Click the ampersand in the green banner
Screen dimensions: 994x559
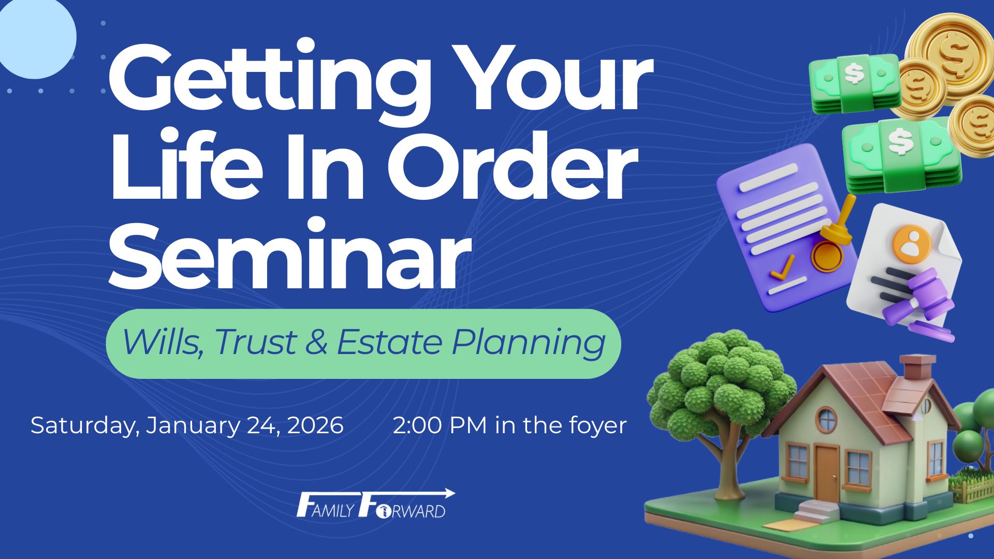[317, 342]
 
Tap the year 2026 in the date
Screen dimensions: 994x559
[315, 425]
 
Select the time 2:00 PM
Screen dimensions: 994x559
[440, 425]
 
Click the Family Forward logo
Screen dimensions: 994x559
[376, 504]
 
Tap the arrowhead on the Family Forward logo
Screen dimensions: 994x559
[449, 493]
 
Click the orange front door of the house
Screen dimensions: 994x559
[827, 473]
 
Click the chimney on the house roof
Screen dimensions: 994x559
[918, 370]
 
